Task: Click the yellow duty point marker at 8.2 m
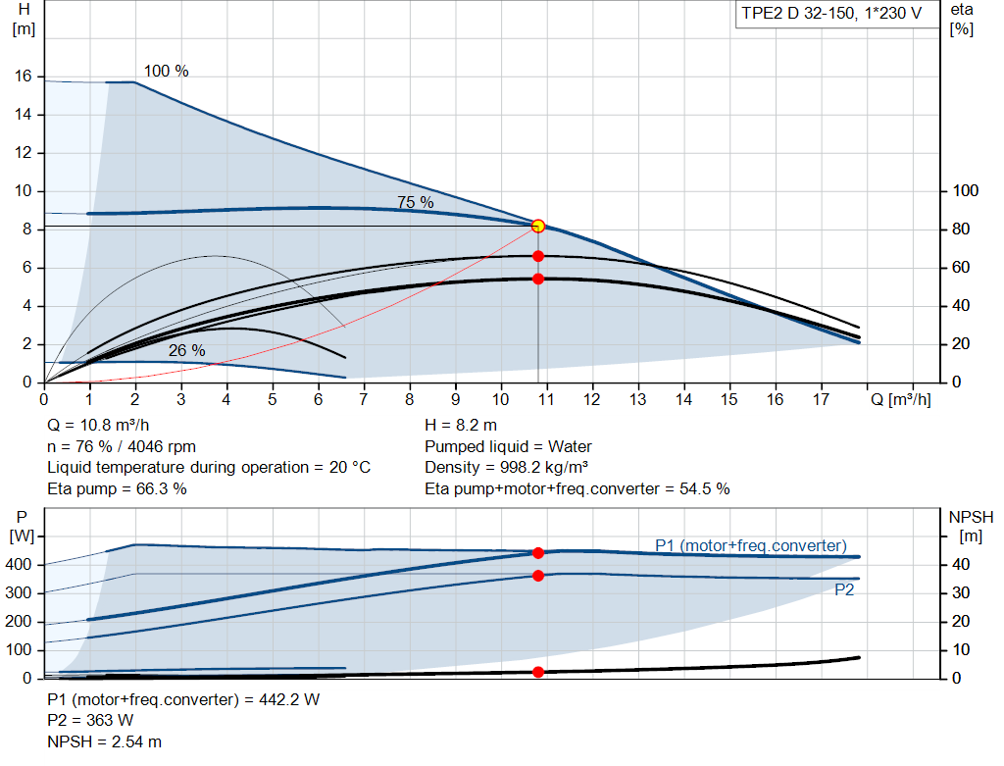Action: pyautogui.click(x=537, y=226)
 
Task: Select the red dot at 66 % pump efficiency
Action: pyautogui.click(x=537, y=256)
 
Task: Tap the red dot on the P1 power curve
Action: pyautogui.click(x=537, y=553)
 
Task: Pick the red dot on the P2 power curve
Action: pyautogui.click(x=537, y=576)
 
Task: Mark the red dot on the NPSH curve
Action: pyautogui.click(x=537, y=672)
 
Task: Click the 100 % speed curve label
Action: pyautogui.click(x=166, y=72)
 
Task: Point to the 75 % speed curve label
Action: pyautogui.click(x=415, y=202)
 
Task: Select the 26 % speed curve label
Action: pyautogui.click(x=186, y=350)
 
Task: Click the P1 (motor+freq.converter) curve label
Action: pyautogui.click(x=750, y=545)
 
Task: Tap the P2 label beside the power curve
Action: pyautogui.click(x=844, y=589)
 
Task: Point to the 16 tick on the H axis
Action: pyautogui.click(x=25, y=77)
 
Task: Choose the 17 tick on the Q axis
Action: pyautogui.click(x=822, y=400)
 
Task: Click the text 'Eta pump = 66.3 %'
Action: pyautogui.click(x=117, y=488)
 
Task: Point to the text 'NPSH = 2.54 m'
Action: pyautogui.click(x=105, y=741)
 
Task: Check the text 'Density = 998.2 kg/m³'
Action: pyautogui.click(x=506, y=467)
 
